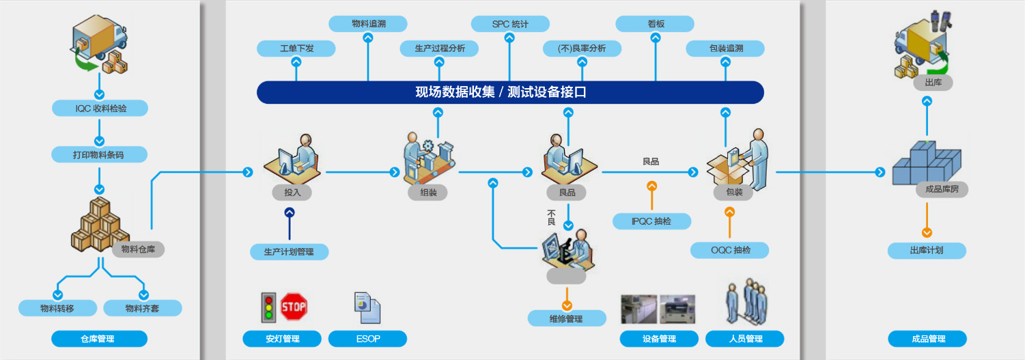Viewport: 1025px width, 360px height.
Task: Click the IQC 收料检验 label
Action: click(100, 109)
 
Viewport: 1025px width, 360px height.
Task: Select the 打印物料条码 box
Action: click(100, 154)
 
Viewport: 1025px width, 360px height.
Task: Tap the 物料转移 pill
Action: click(57, 308)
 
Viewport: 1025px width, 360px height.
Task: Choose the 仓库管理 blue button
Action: click(99, 339)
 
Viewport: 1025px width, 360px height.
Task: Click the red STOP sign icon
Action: click(294, 307)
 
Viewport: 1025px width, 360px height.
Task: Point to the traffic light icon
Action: click(268, 307)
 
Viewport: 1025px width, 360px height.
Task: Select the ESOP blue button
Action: click(367, 339)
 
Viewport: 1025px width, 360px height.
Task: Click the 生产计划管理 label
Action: click(289, 251)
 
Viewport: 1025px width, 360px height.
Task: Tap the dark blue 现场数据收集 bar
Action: click(509, 93)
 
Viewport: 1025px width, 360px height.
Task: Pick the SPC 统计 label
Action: click(510, 25)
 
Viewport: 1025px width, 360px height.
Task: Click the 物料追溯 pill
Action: click(367, 24)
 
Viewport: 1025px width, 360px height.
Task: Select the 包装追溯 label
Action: click(725, 49)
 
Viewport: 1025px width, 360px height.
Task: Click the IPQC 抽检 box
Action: click(651, 221)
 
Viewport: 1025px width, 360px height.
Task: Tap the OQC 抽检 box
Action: click(729, 250)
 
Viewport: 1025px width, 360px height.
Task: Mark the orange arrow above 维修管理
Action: click(567, 305)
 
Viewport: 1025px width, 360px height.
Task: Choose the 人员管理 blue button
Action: click(744, 339)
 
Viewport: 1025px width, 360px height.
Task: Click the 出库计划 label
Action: click(927, 251)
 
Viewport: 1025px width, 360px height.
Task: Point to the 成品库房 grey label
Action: click(941, 189)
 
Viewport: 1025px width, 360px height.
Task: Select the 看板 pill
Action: click(655, 24)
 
